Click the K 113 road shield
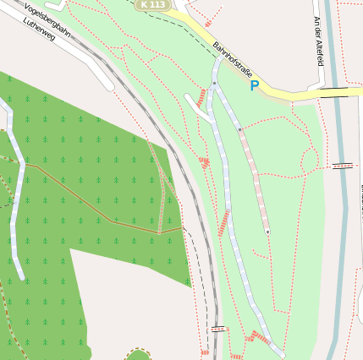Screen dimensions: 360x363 point(153,5)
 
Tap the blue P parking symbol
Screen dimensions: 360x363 point(254,85)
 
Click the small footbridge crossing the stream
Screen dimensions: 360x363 point(342,165)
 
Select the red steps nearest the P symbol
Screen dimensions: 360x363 point(201,97)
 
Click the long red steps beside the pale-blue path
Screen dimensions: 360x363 point(223,224)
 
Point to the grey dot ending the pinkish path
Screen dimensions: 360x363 point(267,231)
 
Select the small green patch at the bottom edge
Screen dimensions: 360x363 point(137,354)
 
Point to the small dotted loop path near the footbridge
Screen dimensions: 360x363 point(311,159)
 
